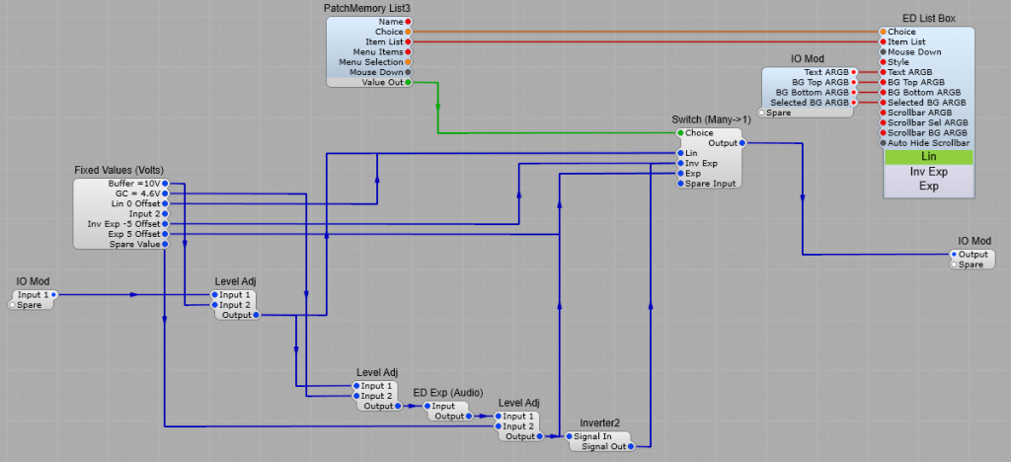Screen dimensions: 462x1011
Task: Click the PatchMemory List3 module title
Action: tap(366, 8)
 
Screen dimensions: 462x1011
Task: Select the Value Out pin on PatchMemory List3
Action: tap(409, 83)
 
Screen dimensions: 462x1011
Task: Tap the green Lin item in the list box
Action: tap(928, 156)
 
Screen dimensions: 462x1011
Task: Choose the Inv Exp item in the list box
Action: tap(928, 171)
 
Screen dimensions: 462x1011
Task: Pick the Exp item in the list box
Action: tap(928, 186)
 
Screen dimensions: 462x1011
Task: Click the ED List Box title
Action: tap(928, 19)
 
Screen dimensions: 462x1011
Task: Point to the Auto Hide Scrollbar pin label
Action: tap(927, 142)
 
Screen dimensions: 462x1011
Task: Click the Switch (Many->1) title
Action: tap(711, 119)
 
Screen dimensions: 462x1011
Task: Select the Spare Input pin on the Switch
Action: tap(679, 184)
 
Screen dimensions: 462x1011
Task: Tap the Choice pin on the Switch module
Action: tap(679, 132)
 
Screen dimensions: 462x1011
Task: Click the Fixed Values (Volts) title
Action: tap(119, 171)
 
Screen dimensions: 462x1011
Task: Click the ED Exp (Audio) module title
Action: tap(447, 393)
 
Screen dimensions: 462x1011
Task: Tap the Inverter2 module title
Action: tap(600, 423)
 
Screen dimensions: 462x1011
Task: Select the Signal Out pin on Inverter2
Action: tap(631, 446)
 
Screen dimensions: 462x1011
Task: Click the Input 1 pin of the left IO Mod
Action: tap(53, 294)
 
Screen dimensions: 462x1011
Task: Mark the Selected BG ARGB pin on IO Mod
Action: tap(855, 102)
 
